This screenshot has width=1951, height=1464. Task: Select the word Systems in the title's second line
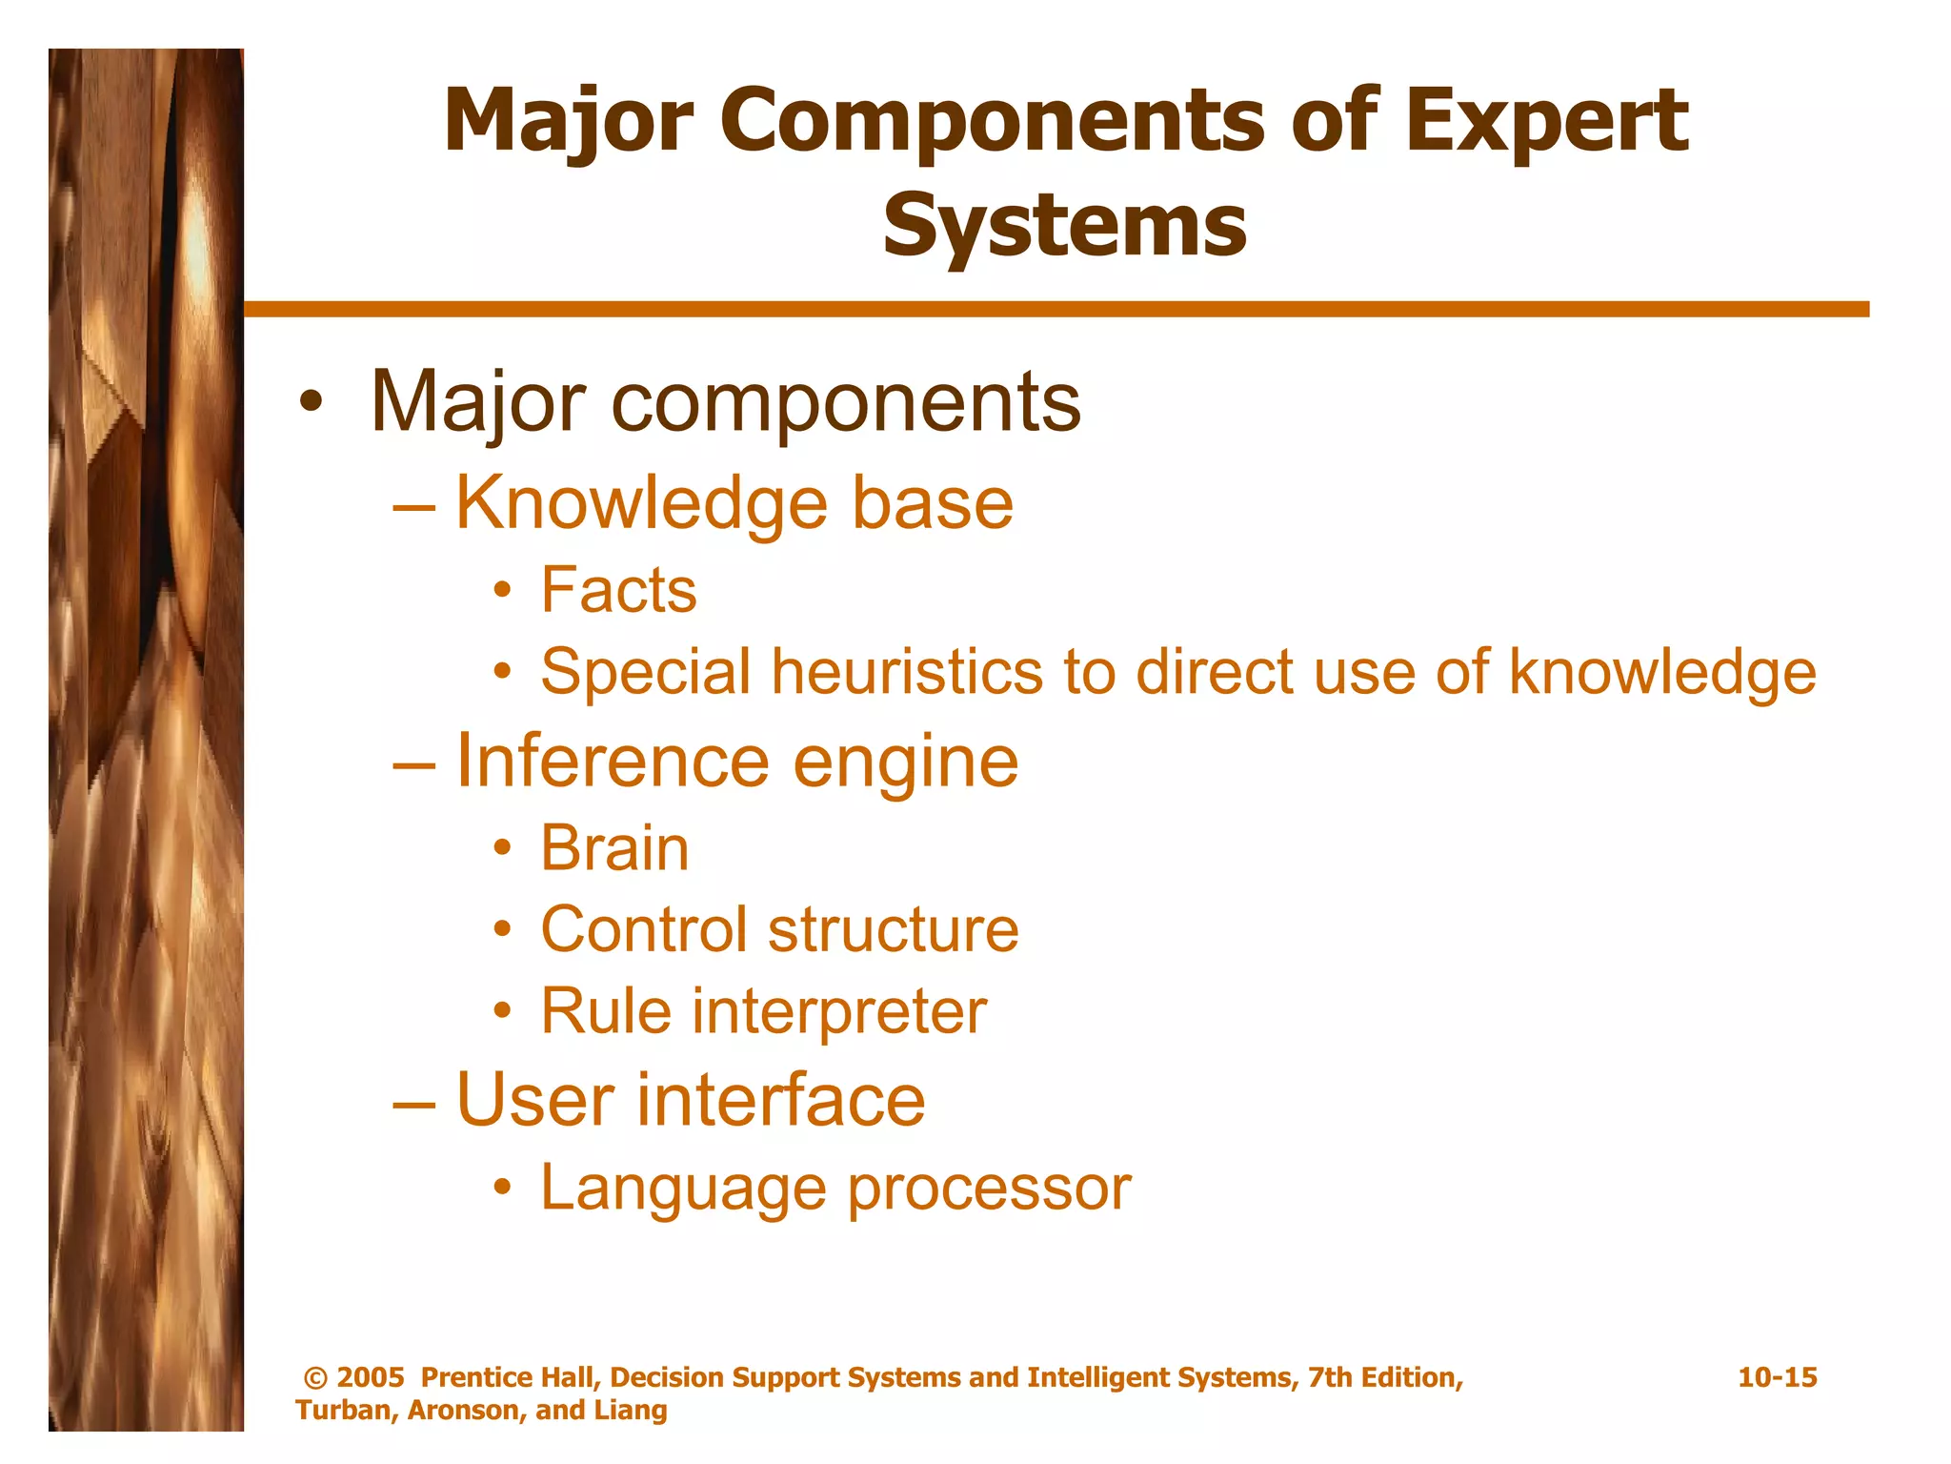coord(1064,227)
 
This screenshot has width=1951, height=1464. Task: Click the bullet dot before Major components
coord(310,403)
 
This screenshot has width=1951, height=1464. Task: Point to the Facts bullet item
coord(618,590)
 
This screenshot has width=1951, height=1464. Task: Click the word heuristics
coord(911,672)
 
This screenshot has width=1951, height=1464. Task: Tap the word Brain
coord(614,848)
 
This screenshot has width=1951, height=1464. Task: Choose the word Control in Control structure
coord(643,930)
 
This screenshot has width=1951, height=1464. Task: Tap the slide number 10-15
coord(1777,1377)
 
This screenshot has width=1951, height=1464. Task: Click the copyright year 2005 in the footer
coord(371,1377)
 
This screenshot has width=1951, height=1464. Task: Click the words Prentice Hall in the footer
coord(509,1377)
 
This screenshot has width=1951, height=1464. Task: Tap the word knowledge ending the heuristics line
coord(1662,672)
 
